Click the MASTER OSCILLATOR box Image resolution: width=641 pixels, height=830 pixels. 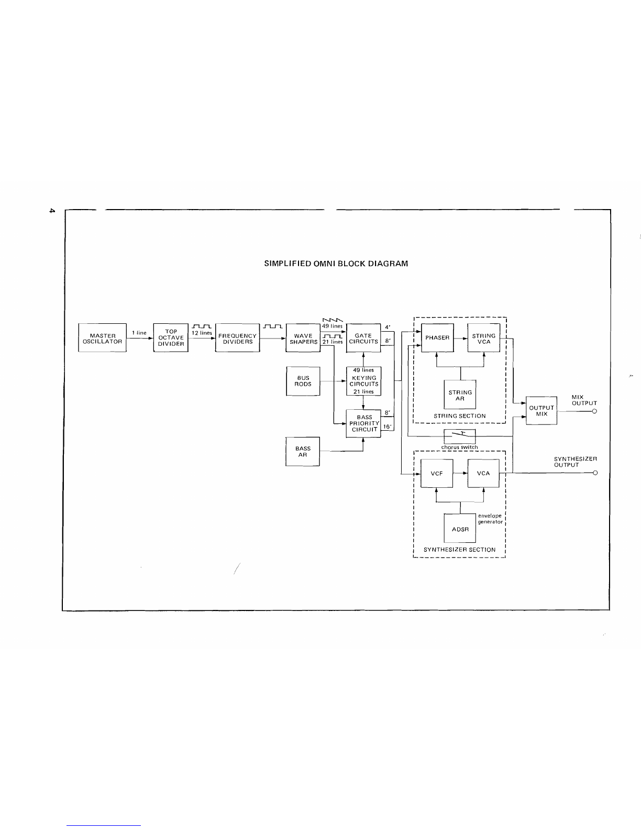pos(102,337)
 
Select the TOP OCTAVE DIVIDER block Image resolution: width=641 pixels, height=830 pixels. pos(171,337)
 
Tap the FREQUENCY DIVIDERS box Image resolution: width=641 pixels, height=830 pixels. pos(237,337)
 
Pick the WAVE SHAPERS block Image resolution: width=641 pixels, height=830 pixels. pos(303,337)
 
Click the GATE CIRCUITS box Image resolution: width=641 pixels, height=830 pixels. pos(363,337)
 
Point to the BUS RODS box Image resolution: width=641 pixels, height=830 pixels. pos(303,381)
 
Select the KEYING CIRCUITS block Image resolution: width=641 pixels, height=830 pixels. pos(363,381)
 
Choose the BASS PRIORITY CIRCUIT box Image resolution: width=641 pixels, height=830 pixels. pos(363,423)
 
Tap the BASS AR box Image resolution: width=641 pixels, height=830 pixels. pos(303,452)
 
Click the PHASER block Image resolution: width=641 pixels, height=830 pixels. pos(437,337)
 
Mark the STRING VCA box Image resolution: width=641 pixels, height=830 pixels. pos(484,337)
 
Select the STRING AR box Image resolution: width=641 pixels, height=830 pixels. pos(460,395)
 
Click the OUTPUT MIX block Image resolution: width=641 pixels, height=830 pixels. pos(541,411)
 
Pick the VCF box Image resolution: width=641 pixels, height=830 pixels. pos(437,473)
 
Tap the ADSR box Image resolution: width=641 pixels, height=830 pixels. pos(460,529)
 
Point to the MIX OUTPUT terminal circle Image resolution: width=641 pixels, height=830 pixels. pos(594,411)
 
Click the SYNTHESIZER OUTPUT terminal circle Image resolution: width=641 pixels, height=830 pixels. pos(595,473)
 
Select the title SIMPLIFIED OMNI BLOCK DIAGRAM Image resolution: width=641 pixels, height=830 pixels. pos(336,264)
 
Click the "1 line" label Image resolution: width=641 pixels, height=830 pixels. pos(139,333)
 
